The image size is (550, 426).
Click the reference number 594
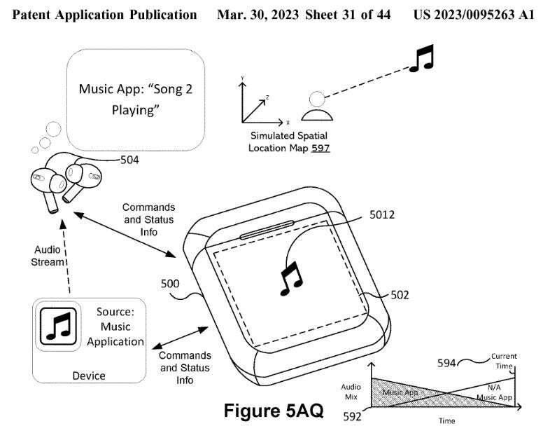(x=446, y=363)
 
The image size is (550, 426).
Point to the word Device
(x=89, y=376)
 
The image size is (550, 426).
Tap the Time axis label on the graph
(x=446, y=420)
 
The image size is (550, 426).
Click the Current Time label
(x=504, y=361)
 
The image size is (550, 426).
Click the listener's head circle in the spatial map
(x=317, y=99)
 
